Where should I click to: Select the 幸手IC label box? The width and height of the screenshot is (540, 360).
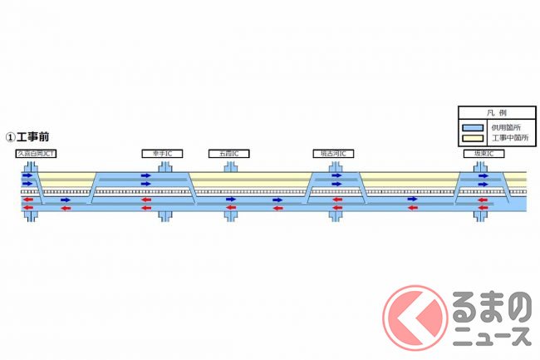[162, 154]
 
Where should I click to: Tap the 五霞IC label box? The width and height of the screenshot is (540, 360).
[229, 154]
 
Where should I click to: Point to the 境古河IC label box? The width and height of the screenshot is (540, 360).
[334, 154]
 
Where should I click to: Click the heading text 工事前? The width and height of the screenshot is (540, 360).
[35, 136]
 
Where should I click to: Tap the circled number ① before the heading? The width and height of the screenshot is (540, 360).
[10, 136]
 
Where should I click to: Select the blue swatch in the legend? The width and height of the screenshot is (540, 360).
[473, 126]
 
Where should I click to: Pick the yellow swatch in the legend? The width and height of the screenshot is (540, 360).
[473, 137]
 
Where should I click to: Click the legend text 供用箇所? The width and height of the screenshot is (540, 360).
[502, 126]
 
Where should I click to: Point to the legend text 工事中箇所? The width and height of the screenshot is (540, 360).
[505, 137]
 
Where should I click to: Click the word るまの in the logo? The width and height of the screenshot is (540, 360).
[490, 310]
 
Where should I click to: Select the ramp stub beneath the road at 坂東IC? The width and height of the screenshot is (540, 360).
[480, 215]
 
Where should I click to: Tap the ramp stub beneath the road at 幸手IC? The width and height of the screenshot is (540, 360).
[164, 215]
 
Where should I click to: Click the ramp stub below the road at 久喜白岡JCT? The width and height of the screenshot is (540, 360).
[30, 215]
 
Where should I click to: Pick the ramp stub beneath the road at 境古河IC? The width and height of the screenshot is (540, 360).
[336, 215]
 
